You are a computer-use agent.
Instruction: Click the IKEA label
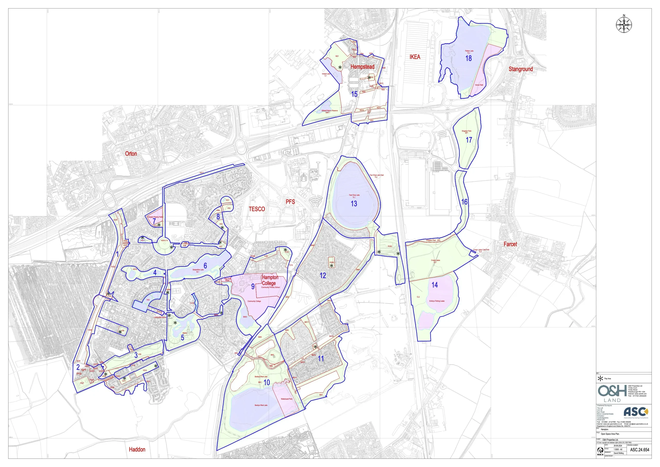pos(415,57)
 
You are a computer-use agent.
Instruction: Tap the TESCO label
pos(257,209)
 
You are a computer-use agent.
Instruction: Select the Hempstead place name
pos(362,67)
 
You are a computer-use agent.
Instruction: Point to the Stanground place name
pos(521,69)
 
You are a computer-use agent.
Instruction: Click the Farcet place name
pos(510,244)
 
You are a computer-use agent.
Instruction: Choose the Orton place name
pos(131,153)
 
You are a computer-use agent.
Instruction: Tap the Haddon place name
pos(137,449)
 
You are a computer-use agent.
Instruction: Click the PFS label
pos(290,202)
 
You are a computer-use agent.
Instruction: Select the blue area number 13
pos(354,204)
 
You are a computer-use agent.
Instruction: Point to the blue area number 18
pos(468,58)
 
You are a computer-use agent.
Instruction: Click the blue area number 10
pos(267,382)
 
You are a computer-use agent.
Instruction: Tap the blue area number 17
pos(469,140)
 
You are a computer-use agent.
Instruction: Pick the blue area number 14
pos(435,285)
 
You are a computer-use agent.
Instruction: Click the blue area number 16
pos(465,202)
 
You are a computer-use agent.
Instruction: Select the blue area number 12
pos(323,275)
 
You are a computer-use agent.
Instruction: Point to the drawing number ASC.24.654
pos(640,450)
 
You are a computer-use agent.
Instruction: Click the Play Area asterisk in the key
pos(600,379)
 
